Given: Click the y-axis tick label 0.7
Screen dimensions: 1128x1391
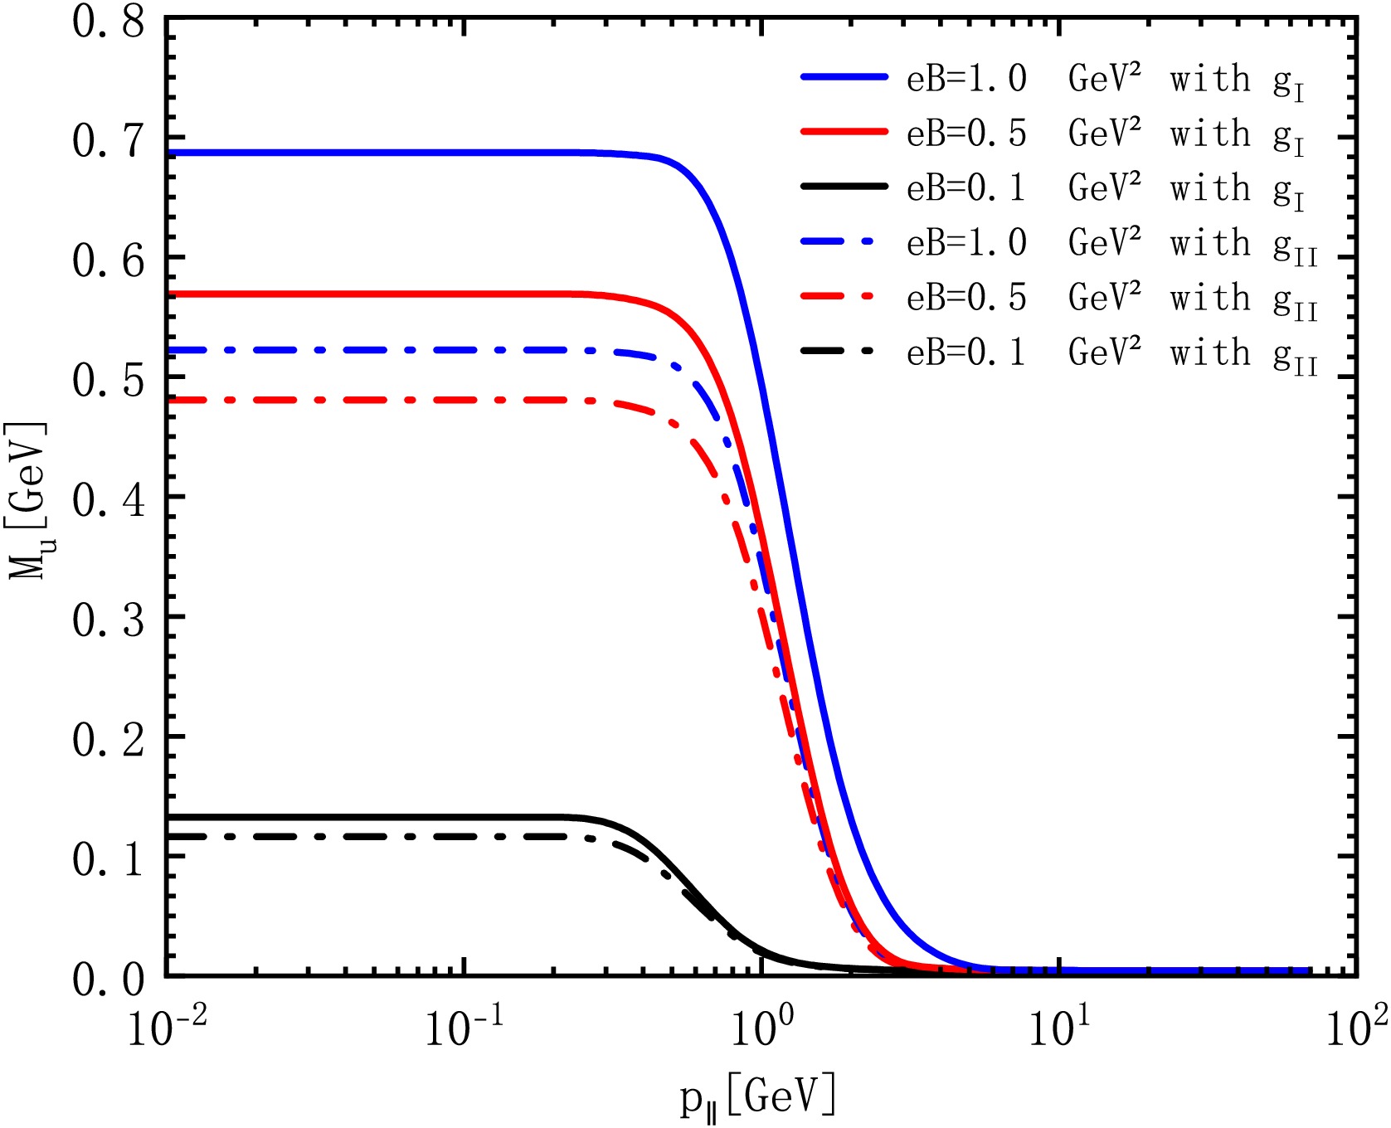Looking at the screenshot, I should [108, 141].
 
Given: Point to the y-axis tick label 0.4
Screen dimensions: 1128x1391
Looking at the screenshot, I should [108, 500].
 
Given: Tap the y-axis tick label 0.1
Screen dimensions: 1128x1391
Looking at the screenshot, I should [108, 859].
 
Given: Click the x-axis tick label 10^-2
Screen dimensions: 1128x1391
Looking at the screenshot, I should [167, 1031].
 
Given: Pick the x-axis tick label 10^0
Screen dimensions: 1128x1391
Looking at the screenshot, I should [761, 1031].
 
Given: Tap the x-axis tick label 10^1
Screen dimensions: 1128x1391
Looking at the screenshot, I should [1058, 1031].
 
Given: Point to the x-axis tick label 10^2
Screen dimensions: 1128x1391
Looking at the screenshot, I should [1355, 1031].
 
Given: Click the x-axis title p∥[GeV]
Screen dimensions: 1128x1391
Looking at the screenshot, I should [757, 1097].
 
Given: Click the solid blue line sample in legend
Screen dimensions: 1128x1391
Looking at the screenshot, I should [844, 77].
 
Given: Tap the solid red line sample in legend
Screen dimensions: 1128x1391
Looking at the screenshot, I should [844, 132].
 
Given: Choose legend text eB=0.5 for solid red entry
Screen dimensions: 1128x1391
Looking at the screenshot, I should [966, 133].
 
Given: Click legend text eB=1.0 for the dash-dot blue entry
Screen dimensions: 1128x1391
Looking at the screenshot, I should [966, 243].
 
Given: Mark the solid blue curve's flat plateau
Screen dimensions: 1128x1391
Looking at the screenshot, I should [373, 153].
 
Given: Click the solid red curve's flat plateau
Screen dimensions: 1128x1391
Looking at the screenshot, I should [373, 294].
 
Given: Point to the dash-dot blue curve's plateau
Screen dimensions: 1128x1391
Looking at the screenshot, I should [373, 350].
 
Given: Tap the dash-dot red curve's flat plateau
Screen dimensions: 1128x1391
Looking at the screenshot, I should [373, 400].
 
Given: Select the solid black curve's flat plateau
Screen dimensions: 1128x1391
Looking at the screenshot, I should [373, 817].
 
